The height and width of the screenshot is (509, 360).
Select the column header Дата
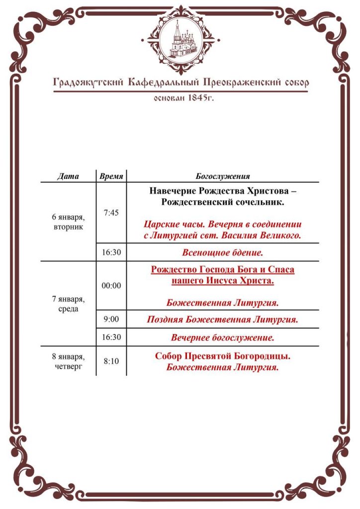point(68,176)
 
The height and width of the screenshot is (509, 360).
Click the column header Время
point(111,176)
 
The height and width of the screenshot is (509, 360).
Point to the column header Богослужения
point(222,176)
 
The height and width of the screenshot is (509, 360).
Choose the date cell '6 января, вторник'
point(68,222)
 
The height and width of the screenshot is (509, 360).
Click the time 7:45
point(111,213)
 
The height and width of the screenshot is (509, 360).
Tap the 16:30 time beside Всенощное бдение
point(111,252)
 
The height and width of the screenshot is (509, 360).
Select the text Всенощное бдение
point(222,253)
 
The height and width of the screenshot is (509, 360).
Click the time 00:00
point(111,286)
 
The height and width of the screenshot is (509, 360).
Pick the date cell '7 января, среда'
point(68,304)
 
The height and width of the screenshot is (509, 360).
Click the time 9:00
point(111,319)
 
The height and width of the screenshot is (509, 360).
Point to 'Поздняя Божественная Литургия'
point(222,320)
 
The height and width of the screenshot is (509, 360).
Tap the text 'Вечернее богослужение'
point(222,338)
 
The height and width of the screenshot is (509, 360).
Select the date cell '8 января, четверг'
point(68,362)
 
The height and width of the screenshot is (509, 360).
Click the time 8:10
point(111,361)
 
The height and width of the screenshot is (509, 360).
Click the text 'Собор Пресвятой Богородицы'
point(222,356)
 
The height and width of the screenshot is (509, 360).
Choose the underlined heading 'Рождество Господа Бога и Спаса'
point(222,270)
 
